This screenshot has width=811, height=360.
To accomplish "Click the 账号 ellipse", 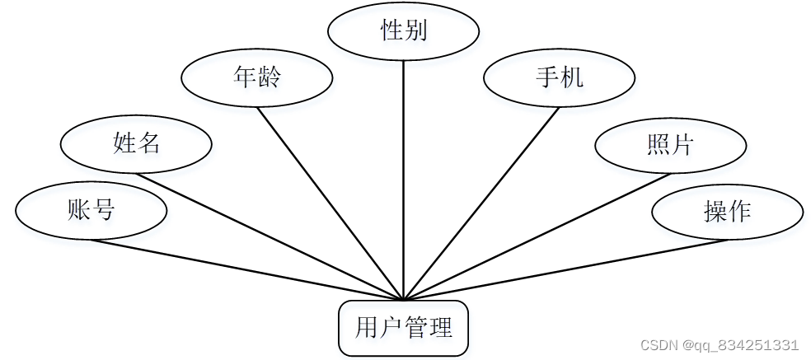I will click(x=91, y=211).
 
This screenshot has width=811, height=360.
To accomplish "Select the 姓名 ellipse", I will click(x=136, y=144).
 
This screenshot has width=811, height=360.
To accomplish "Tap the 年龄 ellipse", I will click(x=257, y=78).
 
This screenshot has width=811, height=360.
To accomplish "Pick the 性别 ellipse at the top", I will click(x=403, y=31).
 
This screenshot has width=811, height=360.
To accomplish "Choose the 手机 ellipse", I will click(x=559, y=78).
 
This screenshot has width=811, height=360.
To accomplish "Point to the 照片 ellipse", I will click(x=670, y=145).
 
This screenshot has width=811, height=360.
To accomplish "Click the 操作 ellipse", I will click(x=727, y=212).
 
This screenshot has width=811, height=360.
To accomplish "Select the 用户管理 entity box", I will click(x=404, y=329).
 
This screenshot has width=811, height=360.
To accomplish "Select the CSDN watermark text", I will click(x=719, y=345).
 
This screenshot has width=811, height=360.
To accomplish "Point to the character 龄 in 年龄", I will click(x=269, y=78).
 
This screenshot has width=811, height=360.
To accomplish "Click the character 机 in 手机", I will click(x=571, y=78).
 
